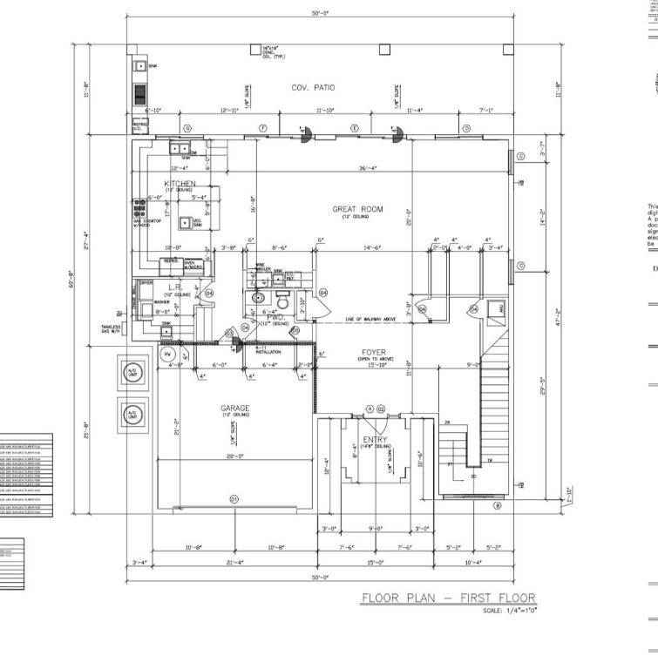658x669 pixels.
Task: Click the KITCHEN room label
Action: pos(180,184)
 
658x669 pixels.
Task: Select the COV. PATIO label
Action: pos(313,87)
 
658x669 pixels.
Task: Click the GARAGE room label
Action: pos(234,408)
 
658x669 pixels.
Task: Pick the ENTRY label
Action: pos(374,438)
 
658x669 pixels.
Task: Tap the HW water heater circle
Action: pos(167,355)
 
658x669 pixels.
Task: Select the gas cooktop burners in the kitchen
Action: pos(139,208)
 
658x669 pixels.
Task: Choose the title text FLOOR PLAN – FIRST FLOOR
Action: pos(449,598)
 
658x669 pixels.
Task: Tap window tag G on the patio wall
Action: pos(187,128)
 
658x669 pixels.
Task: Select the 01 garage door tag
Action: pos(234,498)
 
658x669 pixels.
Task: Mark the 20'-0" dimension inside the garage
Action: pos(234,456)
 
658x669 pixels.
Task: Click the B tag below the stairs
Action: pos(498,505)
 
